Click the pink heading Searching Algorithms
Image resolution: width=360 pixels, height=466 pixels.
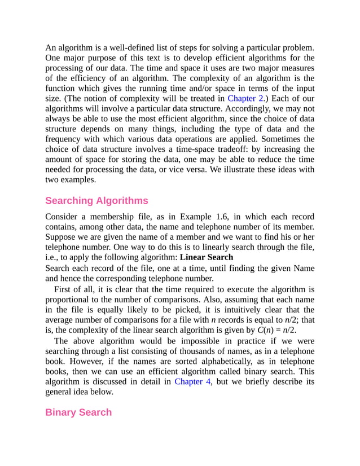96,201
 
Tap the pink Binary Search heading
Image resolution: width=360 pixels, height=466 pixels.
78,412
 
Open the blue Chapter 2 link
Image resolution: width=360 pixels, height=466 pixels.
245,98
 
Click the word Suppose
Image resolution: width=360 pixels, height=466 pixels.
62,237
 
